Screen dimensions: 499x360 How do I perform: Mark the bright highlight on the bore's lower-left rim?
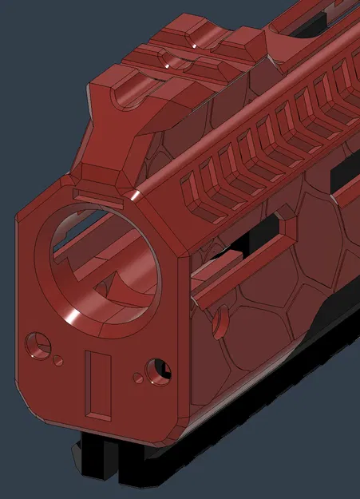click(x=76, y=319)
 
